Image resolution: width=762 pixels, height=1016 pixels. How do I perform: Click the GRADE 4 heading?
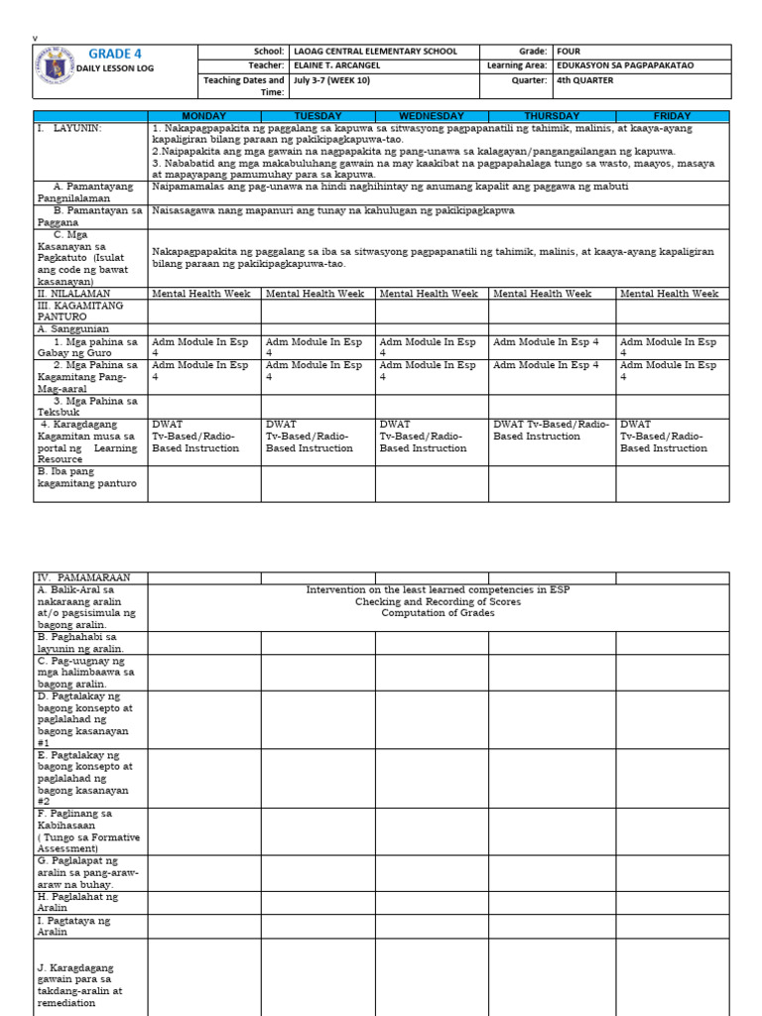click(x=117, y=54)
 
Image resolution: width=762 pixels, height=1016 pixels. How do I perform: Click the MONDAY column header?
click(x=204, y=116)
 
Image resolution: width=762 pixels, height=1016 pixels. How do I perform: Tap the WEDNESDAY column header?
click(x=432, y=116)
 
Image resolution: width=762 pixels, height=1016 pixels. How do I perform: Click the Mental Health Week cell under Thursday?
click(x=542, y=294)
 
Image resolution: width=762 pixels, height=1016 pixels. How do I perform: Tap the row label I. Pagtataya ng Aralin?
click(x=74, y=927)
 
